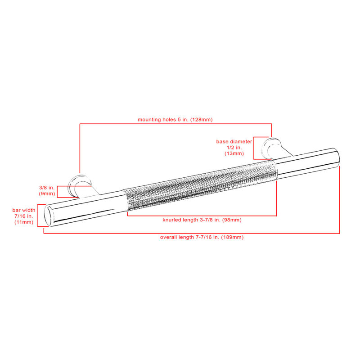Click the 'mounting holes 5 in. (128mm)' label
coord(175,120)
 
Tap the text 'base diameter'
coord(234,141)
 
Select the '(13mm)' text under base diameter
coord(234,153)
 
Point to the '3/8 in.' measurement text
coord(47,188)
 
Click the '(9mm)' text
coord(47,193)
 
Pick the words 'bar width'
coord(24,210)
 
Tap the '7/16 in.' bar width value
coord(24,216)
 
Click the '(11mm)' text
coord(24,222)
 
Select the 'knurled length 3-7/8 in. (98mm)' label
coord(202,220)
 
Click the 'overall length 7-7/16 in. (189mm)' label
coord(202,237)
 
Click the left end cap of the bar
coord(49,216)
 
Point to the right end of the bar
coord(336,158)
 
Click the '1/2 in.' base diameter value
coord(234,148)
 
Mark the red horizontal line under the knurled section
coord(202,216)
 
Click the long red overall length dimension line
coord(192,234)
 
